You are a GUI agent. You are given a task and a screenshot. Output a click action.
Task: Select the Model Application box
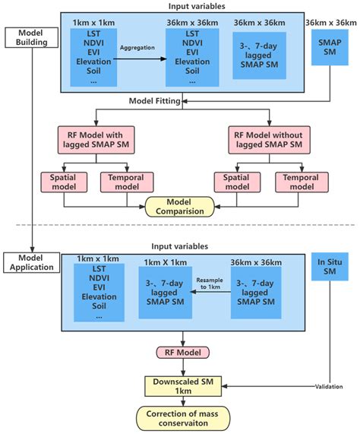tap(30, 262)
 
